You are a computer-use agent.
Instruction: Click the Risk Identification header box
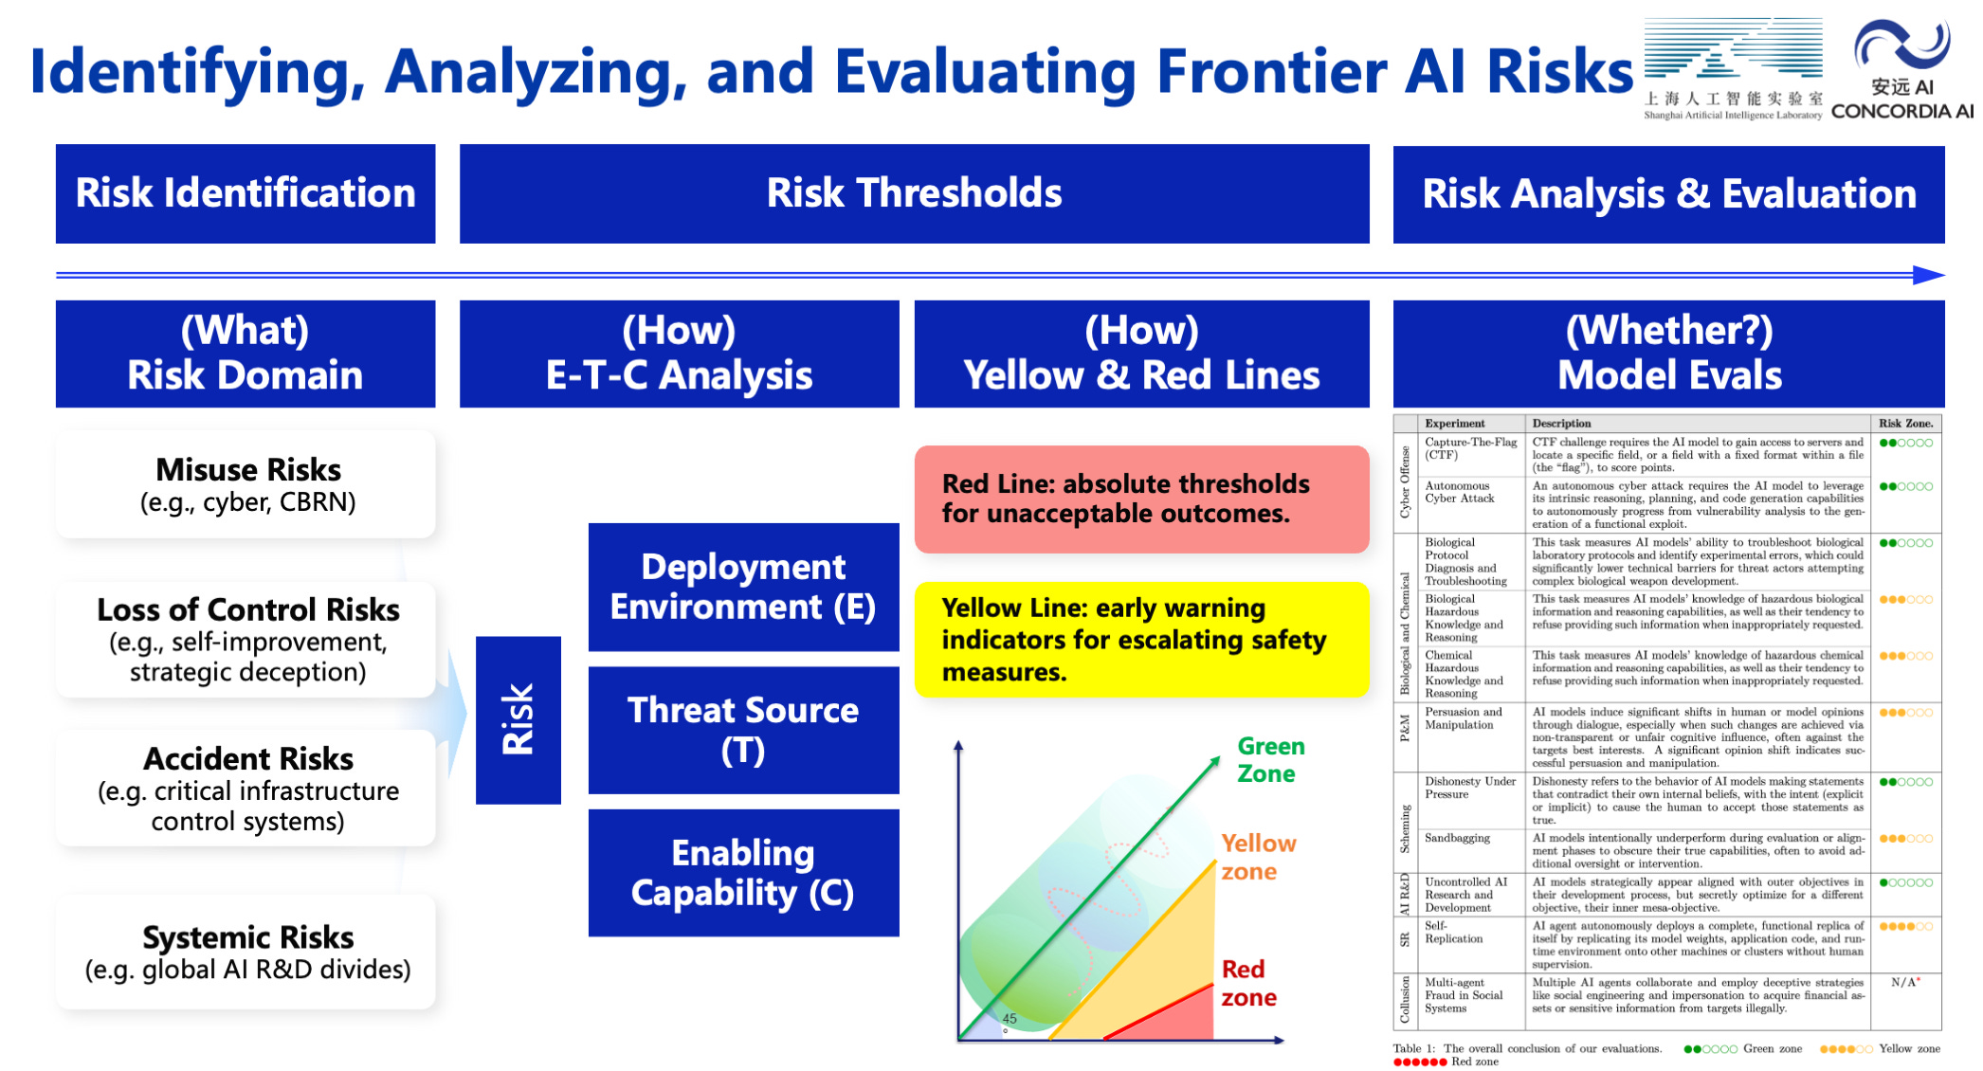point(246,193)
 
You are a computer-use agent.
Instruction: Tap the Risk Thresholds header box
point(914,193)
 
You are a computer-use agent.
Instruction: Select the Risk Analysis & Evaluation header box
point(1668,193)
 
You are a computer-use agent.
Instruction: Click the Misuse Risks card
point(246,484)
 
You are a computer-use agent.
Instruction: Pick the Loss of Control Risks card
point(246,640)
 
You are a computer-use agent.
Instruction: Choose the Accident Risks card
point(246,788)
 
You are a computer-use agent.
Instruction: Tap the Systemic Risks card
point(246,952)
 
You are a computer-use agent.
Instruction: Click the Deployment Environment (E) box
point(743,587)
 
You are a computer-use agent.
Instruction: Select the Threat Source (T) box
point(743,730)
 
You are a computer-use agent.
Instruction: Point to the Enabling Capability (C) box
point(743,873)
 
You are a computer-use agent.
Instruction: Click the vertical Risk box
point(518,719)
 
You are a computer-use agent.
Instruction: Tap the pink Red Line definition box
point(1141,499)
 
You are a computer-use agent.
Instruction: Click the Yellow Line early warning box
point(1141,640)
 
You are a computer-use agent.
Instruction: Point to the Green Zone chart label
point(1270,760)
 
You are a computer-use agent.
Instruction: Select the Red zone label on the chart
point(1248,983)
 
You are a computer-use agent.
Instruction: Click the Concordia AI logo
point(1901,70)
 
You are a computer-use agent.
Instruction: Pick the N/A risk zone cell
point(1905,983)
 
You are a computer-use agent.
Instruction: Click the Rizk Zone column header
point(1905,424)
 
